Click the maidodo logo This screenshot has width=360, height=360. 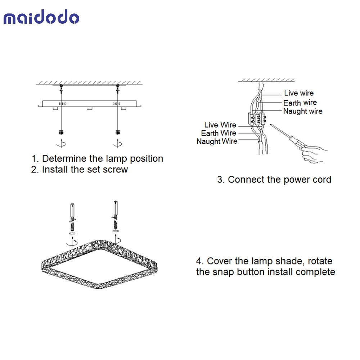coord(41,17)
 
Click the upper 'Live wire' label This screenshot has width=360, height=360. coord(299,93)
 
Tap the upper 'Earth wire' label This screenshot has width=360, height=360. coord(300,103)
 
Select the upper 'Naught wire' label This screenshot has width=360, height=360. coord(303,111)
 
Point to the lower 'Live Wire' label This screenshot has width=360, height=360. coord(220,125)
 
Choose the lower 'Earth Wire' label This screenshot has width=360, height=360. coord(219,133)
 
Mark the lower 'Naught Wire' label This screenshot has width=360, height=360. coord(217,141)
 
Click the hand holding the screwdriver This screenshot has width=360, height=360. coord(314,154)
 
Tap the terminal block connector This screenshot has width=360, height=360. coord(257,119)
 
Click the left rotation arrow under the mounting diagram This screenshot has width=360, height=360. coord(61,143)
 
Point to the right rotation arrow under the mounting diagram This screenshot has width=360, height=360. coord(117,143)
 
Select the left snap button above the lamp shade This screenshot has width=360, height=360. coord(72,219)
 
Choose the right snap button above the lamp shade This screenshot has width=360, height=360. coord(115,216)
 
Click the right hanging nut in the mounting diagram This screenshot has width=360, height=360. coord(118,132)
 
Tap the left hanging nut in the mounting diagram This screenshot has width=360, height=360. coord(61,132)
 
